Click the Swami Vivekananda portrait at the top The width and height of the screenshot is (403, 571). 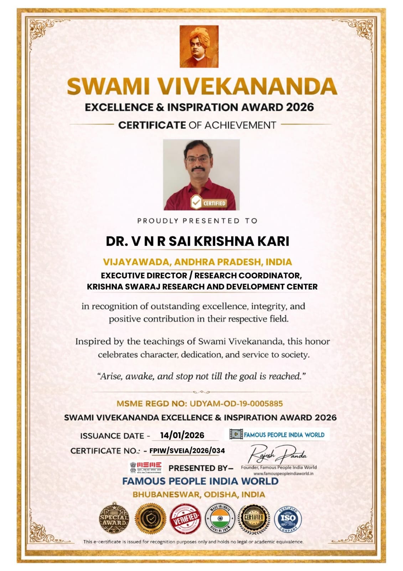199,46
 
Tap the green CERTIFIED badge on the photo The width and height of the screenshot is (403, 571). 209,203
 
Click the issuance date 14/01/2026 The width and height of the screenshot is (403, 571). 182,435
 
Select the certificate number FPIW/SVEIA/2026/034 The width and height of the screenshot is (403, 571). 187,450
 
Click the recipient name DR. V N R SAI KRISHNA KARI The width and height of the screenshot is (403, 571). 197,241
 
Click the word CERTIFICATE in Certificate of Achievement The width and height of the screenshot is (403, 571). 152,125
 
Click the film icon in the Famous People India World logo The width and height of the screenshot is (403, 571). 235,434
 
